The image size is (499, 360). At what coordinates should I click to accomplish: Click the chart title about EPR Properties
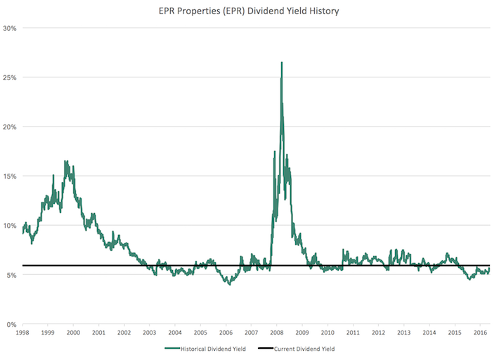(249, 11)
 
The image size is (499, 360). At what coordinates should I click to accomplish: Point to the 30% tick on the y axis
(10, 29)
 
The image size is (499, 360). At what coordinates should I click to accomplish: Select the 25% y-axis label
(10, 77)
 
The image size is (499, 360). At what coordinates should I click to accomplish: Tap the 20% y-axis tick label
(10, 127)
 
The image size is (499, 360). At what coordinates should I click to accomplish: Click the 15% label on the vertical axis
(10, 176)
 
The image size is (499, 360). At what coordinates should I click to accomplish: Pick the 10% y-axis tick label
(10, 226)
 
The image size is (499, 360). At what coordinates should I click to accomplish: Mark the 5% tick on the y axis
(11, 275)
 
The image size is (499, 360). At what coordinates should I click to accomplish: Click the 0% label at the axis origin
(11, 324)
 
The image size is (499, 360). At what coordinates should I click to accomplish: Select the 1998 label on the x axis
(22, 333)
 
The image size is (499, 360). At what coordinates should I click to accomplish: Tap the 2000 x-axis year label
(73, 333)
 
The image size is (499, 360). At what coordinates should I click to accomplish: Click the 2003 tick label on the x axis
(150, 333)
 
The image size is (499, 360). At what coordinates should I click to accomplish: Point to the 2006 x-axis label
(226, 333)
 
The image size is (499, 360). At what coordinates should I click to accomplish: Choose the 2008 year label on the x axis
(277, 333)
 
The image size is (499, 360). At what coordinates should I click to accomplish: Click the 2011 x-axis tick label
(353, 333)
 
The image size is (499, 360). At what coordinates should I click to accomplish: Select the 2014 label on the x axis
(429, 333)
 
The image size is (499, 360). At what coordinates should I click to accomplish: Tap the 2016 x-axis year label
(480, 333)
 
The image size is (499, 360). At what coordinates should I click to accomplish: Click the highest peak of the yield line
(282, 63)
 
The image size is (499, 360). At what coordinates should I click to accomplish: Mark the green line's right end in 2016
(489, 269)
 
